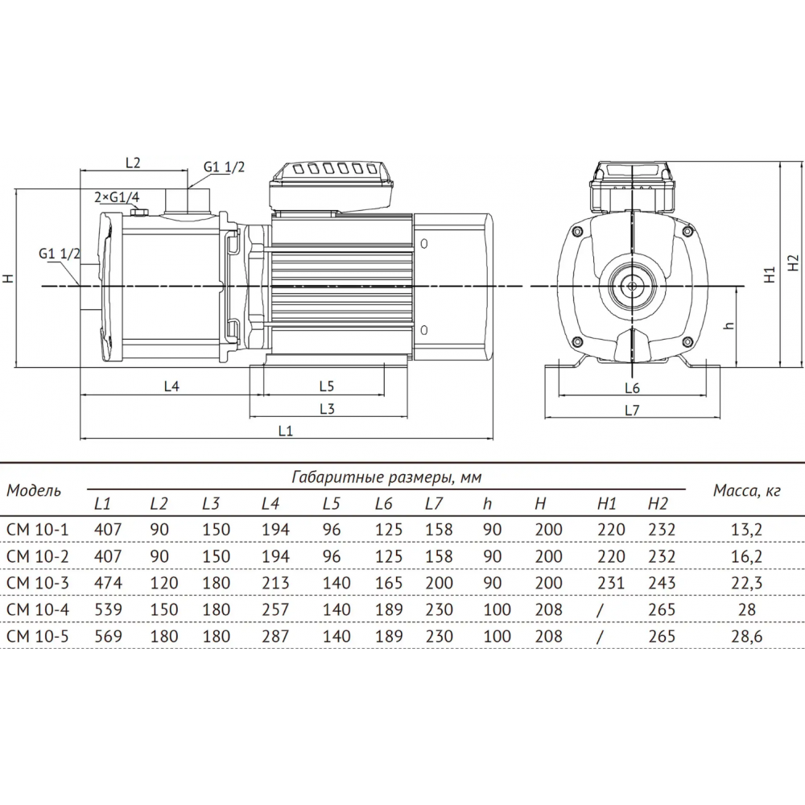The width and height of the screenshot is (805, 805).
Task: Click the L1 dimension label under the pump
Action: [x=286, y=431]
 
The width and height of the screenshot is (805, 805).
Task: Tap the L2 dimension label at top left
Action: [x=133, y=163]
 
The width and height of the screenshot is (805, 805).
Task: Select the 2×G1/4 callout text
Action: [x=117, y=197]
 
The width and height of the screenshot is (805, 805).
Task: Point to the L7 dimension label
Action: [x=632, y=411]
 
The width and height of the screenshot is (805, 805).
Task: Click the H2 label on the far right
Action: [x=794, y=263]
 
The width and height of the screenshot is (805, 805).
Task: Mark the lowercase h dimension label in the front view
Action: [x=729, y=325]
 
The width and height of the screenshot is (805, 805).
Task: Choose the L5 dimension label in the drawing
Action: [x=327, y=386]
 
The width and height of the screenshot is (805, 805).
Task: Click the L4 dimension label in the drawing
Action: [x=171, y=386]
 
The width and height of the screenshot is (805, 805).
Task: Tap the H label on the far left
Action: [x=9, y=278]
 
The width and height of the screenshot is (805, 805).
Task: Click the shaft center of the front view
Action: [x=632, y=286]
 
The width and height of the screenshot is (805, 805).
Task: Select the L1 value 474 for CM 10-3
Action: [x=109, y=583]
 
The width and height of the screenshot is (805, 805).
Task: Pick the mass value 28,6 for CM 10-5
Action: [x=746, y=636]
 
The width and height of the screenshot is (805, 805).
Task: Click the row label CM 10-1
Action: [x=37, y=530]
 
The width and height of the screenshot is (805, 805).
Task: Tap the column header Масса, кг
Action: [x=746, y=491]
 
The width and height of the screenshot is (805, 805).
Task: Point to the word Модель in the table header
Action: [x=34, y=490]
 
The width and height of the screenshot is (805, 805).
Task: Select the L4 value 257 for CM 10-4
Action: [x=275, y=609]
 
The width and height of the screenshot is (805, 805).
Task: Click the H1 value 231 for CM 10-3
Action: [x=611, y=583]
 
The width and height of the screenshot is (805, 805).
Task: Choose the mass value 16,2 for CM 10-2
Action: [x=746, y=556]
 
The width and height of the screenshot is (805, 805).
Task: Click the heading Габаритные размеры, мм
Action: [x=386, y=477]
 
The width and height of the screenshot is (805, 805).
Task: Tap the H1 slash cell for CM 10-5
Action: [x=600, y=637]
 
